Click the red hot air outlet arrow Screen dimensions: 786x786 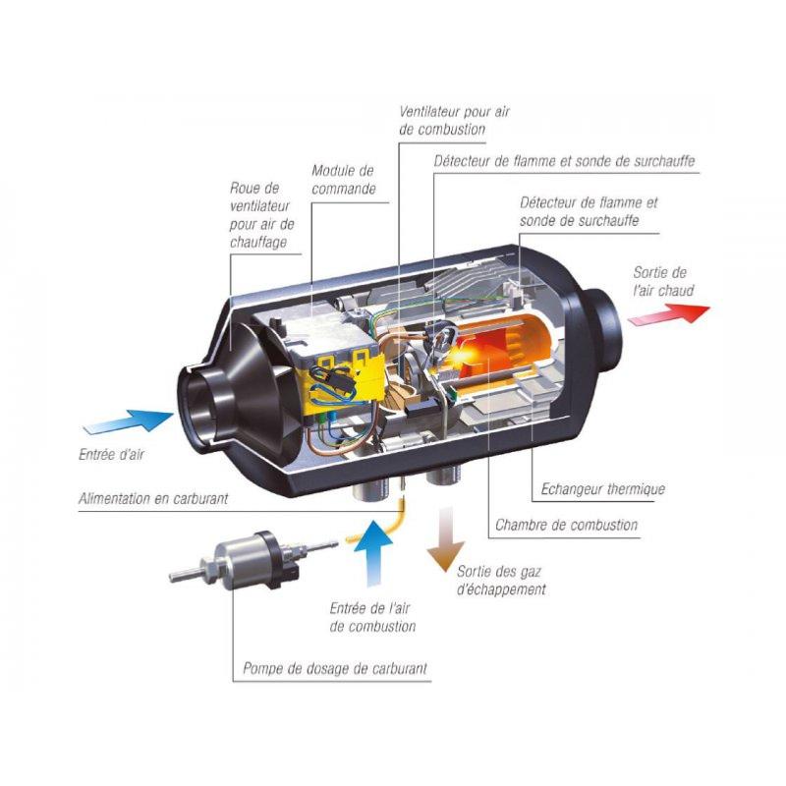[x=669, y=314]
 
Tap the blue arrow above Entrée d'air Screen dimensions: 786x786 [x=129, y=421]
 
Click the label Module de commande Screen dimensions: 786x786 [x=343, y=180]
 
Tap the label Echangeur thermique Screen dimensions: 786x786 [x=603, y=489]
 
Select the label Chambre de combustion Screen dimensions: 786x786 [x=567, y=526]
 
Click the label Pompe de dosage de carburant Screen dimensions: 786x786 [x=335, y=668]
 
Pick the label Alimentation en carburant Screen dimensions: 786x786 [x=153, y=499]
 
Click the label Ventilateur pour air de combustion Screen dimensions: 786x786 [x=454, y=121]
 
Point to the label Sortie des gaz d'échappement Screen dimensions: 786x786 [x=501, y=581]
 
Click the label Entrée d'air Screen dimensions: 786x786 [x=111, y=455]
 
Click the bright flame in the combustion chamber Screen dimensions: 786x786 [x=465, y=354]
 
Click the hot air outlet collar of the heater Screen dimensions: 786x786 [x=604, y=328]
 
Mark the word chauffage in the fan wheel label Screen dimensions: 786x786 [x=258, y=243]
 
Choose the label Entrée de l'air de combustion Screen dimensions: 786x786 [x=373, y=618]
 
